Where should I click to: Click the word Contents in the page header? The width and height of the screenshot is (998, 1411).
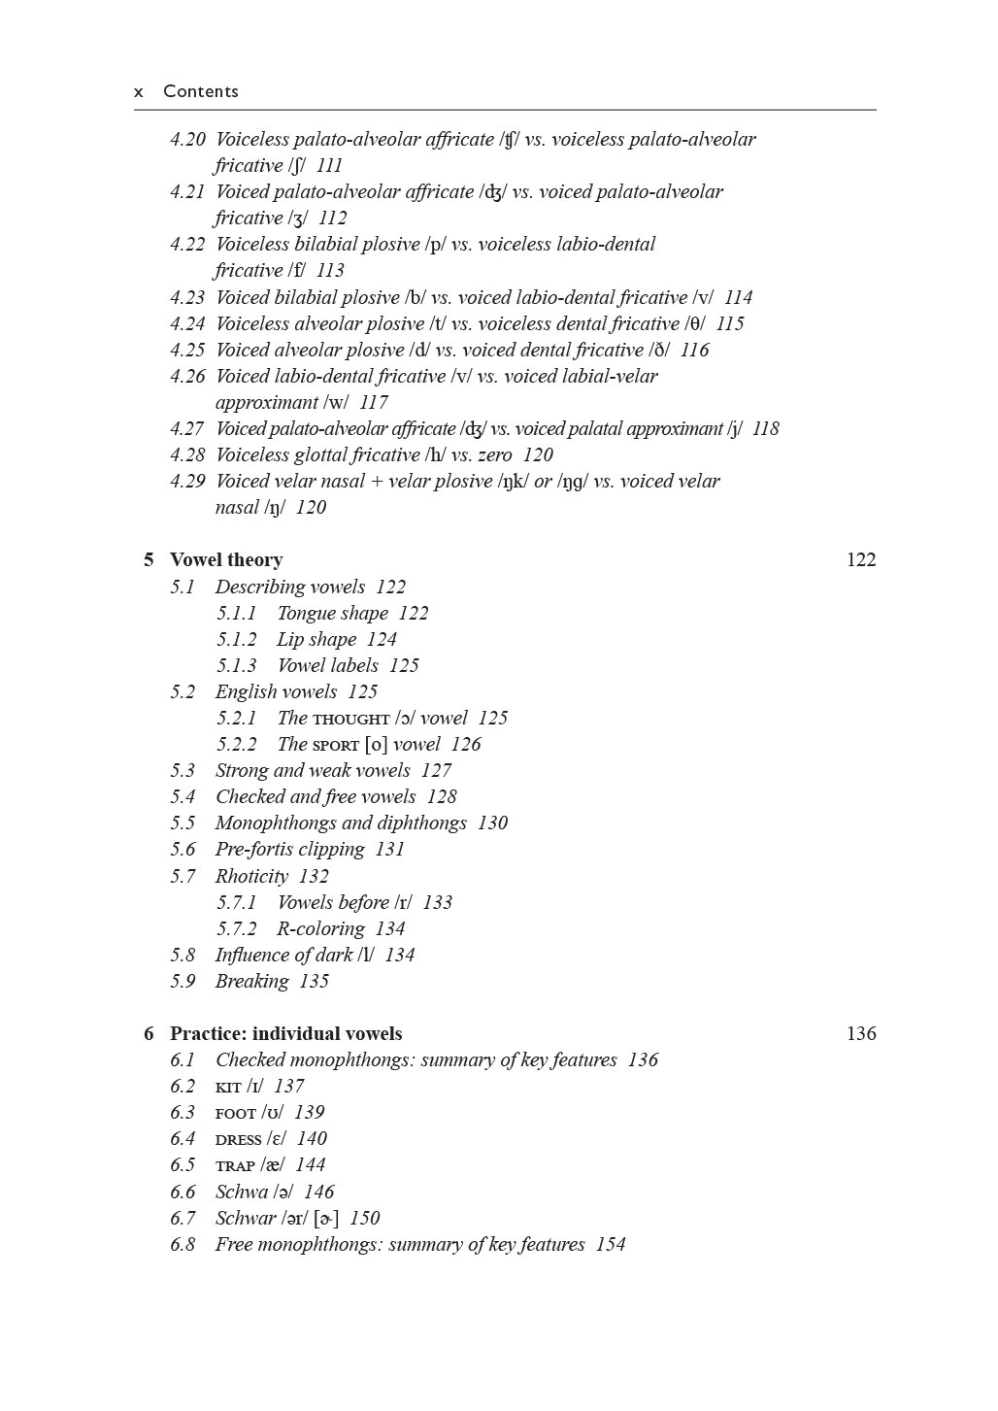pos(200,91)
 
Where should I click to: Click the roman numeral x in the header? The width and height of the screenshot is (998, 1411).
pos(139,92)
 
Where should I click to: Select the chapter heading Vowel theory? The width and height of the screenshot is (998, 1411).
pos(226,560)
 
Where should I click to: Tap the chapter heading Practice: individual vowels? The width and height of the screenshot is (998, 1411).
pos(285,1034)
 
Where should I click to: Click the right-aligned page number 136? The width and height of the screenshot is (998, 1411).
pos(861,1034)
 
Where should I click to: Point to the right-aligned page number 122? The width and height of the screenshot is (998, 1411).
pos(861,560)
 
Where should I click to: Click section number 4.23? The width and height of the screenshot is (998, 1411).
pos(187,298)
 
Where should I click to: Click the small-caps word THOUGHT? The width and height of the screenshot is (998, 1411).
pos(350,720)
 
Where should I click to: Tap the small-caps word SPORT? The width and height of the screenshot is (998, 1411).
pos(335,746)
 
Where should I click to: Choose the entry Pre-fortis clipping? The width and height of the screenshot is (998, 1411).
pos(289,850)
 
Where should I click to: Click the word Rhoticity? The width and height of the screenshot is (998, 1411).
pos(251,876)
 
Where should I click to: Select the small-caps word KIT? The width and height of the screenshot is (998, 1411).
pos(228,1088)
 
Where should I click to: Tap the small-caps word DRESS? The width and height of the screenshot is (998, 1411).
pos(239,1140)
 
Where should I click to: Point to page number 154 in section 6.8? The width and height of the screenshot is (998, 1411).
pos(611,1245)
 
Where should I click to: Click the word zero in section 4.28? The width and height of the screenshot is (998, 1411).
pos(494,455)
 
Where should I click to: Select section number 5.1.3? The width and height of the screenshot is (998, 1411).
pos(236,666)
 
